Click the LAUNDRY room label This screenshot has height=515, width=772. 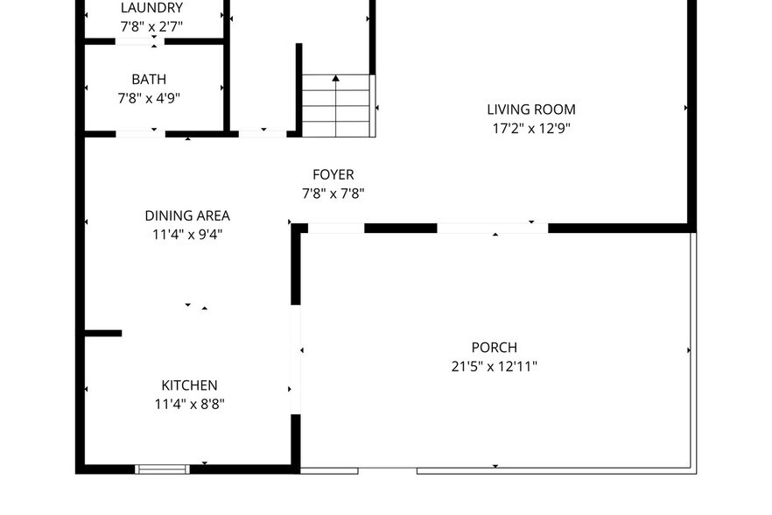pos(151,8)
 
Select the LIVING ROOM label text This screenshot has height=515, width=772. pos(531,109)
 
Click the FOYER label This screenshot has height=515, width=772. pos(333,175)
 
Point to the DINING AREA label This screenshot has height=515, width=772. pos(187,215)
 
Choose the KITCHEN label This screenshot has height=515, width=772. pos(189,385)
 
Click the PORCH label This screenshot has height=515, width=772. pos(494,348)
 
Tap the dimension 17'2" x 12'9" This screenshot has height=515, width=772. pos(531,128)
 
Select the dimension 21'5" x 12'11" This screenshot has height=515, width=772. pos(494,366)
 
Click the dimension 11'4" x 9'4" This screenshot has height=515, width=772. pos(187,234)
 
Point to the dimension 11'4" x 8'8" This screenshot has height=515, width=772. pos(189,404)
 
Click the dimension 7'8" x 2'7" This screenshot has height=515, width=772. pos(151,26)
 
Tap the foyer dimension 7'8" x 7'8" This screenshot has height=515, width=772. pos(333,194)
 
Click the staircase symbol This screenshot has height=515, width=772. pos(337,106)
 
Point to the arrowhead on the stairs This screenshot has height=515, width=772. pos(336,79)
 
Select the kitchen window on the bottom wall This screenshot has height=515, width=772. pos(162,469)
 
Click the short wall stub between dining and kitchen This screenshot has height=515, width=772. pos(103,333)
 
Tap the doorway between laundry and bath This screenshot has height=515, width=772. pos(139,41)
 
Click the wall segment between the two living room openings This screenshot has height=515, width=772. pos(400,228)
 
